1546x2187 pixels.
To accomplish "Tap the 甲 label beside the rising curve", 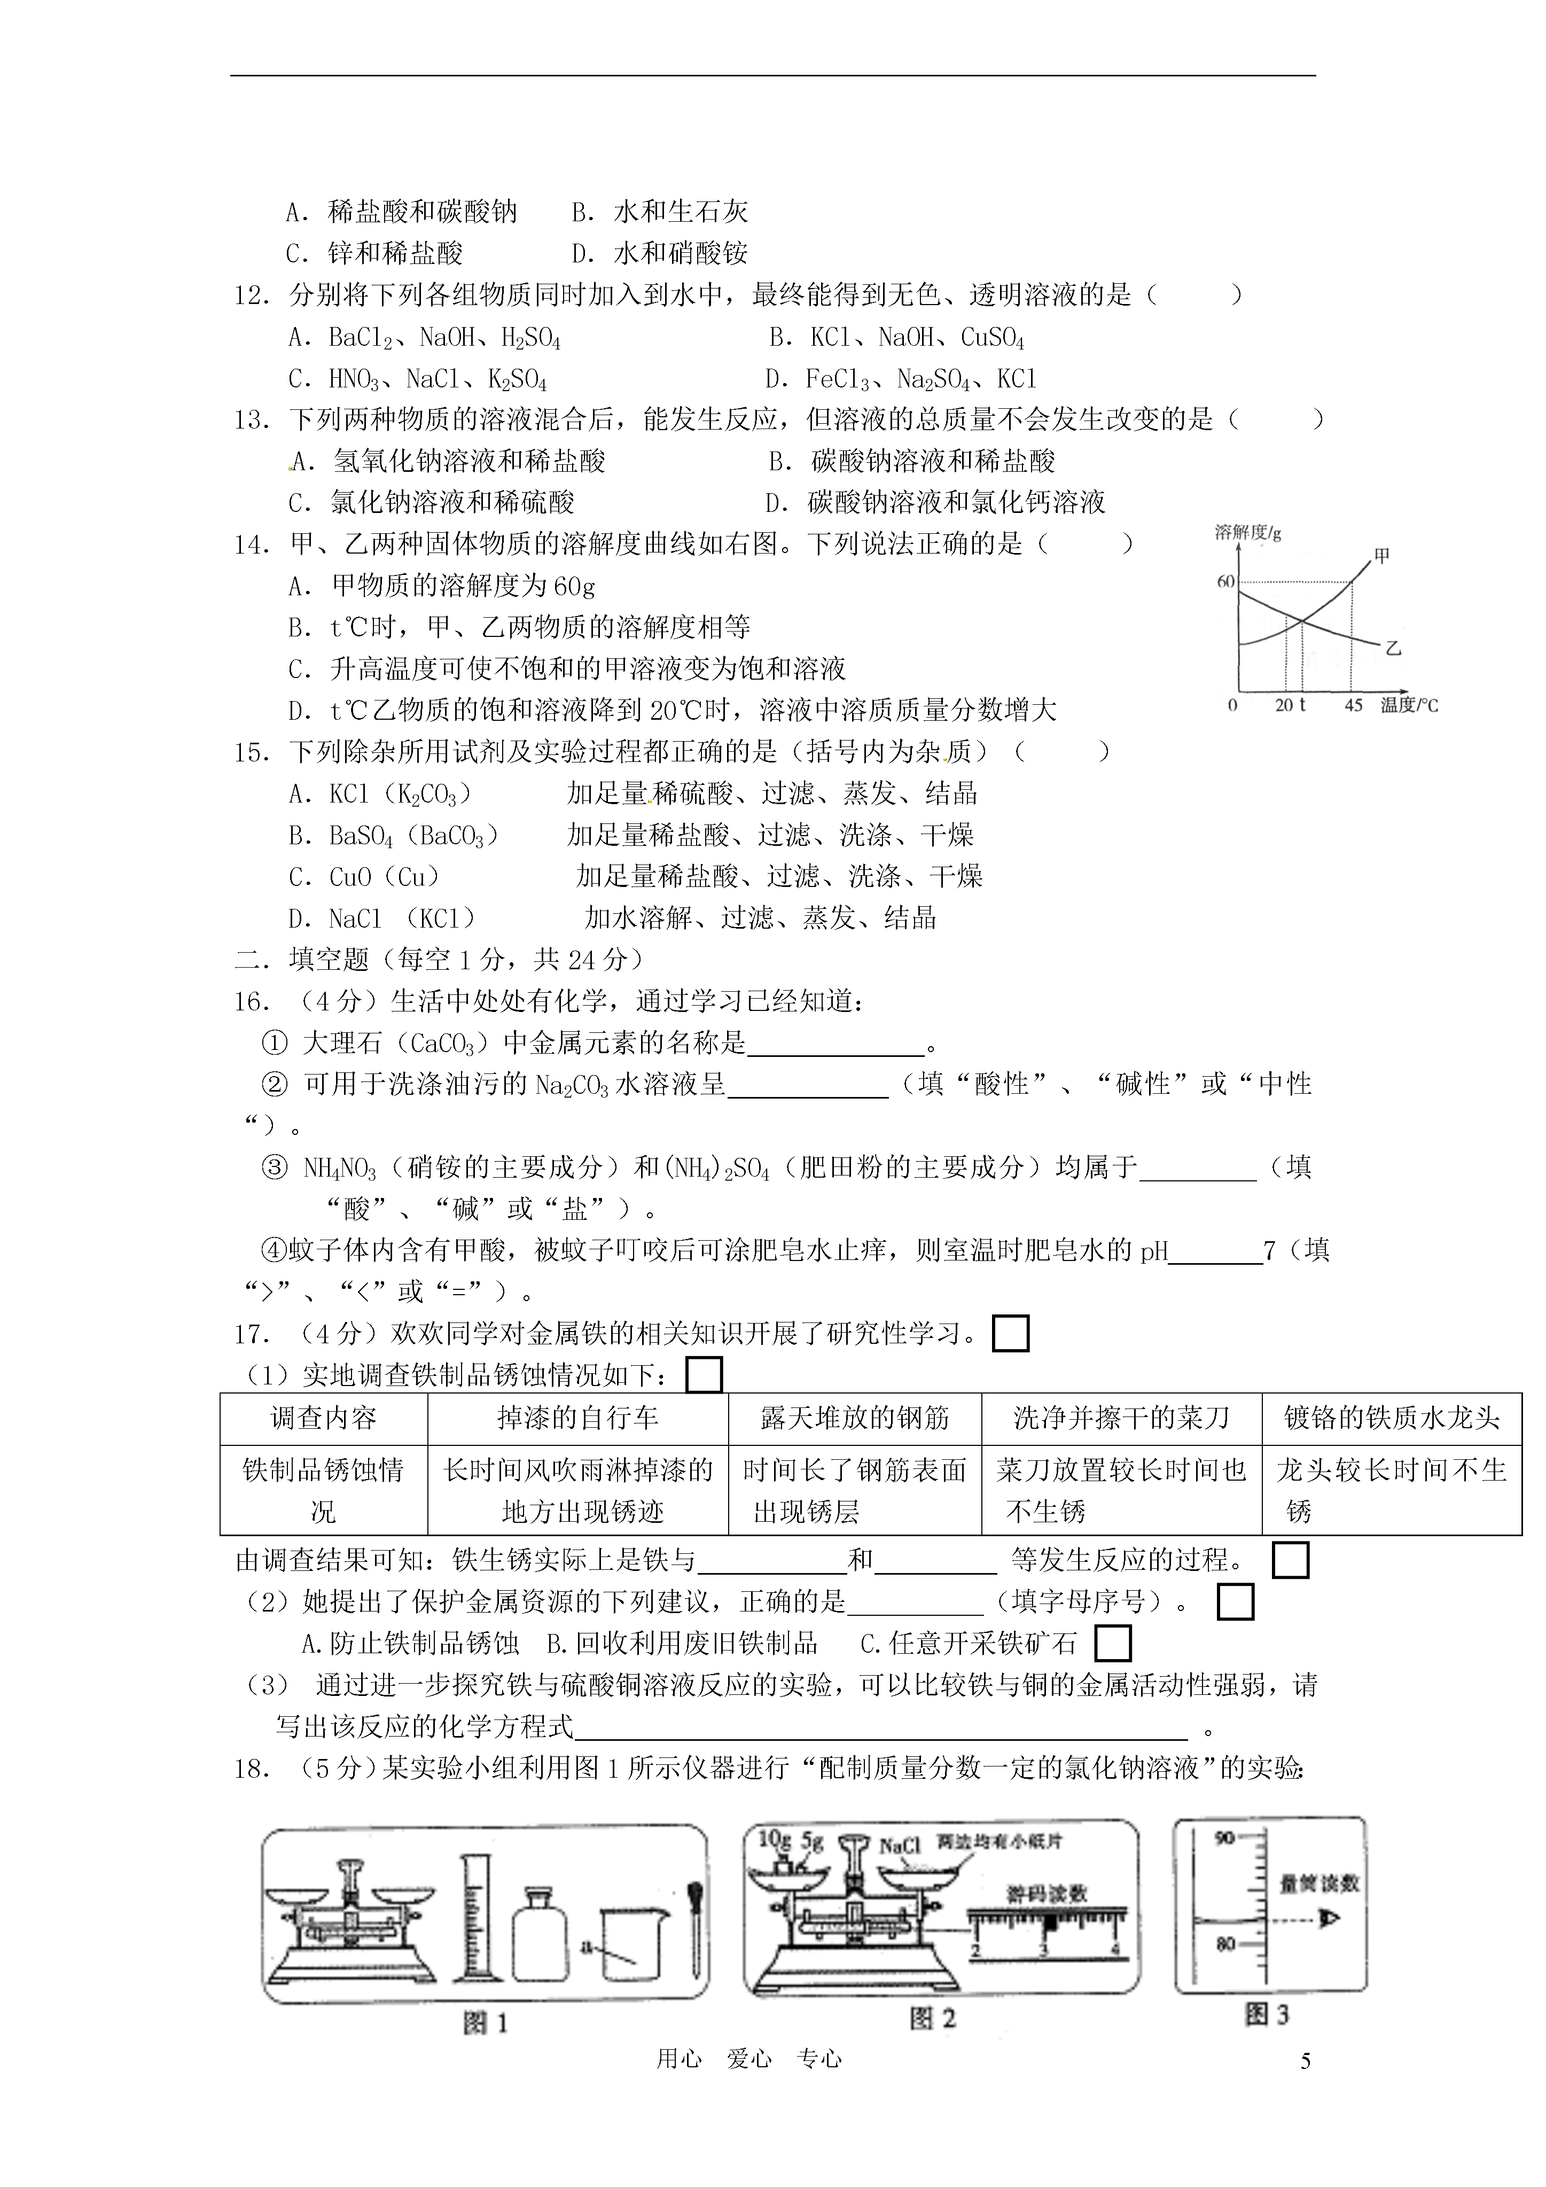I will click(1383, 555).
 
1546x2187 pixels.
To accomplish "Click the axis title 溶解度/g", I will click(1248, 533).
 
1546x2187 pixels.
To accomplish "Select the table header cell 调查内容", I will click(324, 1418).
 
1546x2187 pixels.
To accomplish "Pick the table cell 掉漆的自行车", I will click(577, 1418).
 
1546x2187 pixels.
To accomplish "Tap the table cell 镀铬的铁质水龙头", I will click(1392, 1418).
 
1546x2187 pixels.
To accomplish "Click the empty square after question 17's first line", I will click(1011, 1334).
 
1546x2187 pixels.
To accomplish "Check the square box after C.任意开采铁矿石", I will click(1113, 1643).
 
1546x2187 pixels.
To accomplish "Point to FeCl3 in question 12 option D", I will click(837, 379).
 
